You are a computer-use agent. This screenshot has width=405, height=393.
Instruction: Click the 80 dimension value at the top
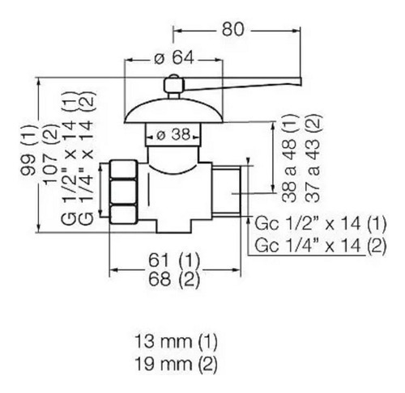click(x=232, y=29)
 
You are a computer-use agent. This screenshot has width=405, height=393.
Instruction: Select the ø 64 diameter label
click(x=174, y=58)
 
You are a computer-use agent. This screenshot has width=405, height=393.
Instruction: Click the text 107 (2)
click(x=51, y=154)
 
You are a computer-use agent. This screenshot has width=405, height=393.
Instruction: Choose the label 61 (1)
click(x=174, y=260)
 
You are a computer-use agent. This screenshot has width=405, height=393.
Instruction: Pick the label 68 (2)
click(x=174, y=279)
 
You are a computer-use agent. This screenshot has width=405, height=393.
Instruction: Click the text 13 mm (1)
click(x=176, y=341)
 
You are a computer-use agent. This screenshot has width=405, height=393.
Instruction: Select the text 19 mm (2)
click(x=176, y=364)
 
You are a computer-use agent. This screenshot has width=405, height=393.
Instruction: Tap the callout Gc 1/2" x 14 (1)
click(x=321, y=223)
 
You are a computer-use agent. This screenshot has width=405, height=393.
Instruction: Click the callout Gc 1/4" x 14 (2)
click(x=321, y=245)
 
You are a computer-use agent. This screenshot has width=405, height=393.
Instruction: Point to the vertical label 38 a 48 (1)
click(x=289, y=158)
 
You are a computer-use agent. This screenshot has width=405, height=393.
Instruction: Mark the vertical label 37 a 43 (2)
click(x=313, y=158)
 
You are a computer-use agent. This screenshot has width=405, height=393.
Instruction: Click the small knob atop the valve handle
click(x=174, y=84)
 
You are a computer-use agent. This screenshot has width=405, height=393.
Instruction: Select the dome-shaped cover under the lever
click(x=174, y=112)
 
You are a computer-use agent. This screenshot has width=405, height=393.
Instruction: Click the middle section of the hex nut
click(x=123, y=192)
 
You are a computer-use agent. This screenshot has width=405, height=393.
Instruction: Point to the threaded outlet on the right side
click(x=226, y=191)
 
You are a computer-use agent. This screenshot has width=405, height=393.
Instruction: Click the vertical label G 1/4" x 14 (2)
click(x=87, y=158)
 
